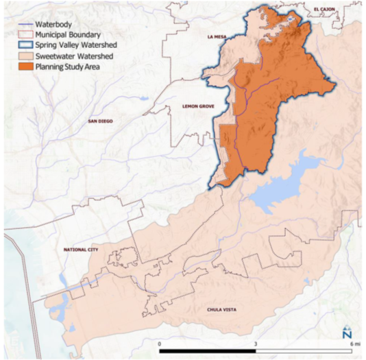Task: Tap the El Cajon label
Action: (324, 9)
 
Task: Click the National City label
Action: (80, 250)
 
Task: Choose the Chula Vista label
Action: (221, 311)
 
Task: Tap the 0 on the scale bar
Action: (160, 343)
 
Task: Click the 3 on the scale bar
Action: (256, 343)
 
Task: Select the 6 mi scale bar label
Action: (351, 343)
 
